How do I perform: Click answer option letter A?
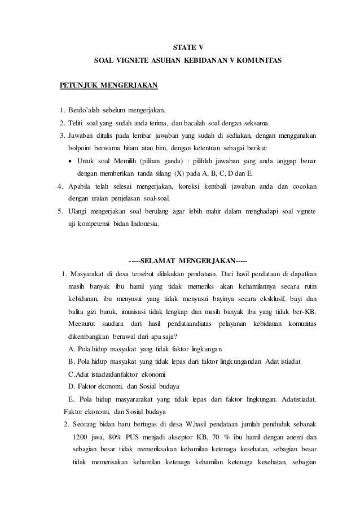[x=70, y=347]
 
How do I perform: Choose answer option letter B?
[x=70, y=360]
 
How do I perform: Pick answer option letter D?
[x=70, y=386]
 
